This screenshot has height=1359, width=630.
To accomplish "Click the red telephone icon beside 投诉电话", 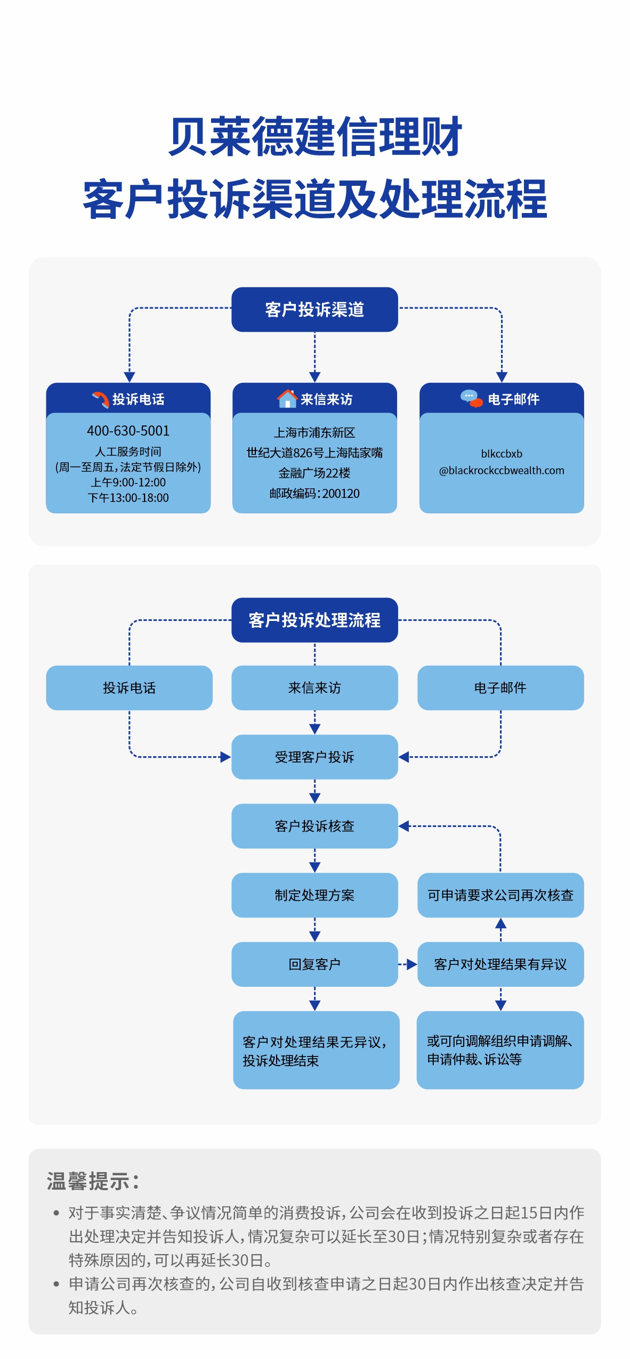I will coord(100,399).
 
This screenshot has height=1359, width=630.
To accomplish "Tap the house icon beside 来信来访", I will coord(287,398).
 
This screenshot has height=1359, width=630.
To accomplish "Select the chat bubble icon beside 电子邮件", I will coord(471,398).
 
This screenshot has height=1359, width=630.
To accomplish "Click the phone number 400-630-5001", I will coord(128,430).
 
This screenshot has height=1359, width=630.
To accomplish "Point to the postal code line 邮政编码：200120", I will coord(314,494).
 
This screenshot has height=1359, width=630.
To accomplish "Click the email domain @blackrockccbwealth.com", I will coord(501,470).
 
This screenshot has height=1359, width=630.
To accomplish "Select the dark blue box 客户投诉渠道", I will coord(314,309).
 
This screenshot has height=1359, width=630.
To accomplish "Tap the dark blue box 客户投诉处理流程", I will coord(314,620).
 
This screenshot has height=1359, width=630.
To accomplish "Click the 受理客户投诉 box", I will coord(314,757).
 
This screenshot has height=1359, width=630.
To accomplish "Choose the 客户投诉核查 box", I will coord(314,826).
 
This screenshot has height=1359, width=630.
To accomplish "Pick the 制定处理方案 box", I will coord(314,895).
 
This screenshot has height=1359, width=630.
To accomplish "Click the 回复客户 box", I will coord(314,964).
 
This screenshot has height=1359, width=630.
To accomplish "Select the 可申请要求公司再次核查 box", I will coord(500,895).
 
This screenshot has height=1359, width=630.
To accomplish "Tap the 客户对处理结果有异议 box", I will coord(500,964).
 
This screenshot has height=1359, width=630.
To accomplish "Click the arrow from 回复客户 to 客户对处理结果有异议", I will coord(408,964).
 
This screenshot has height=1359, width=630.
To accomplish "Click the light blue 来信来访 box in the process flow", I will coord(314,687).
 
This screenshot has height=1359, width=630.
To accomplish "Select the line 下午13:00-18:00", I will coord(128,498).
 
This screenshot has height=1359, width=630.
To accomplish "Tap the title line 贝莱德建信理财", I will coord(315,137).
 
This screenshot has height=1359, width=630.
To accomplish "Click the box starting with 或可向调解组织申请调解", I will coord(500,1050).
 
